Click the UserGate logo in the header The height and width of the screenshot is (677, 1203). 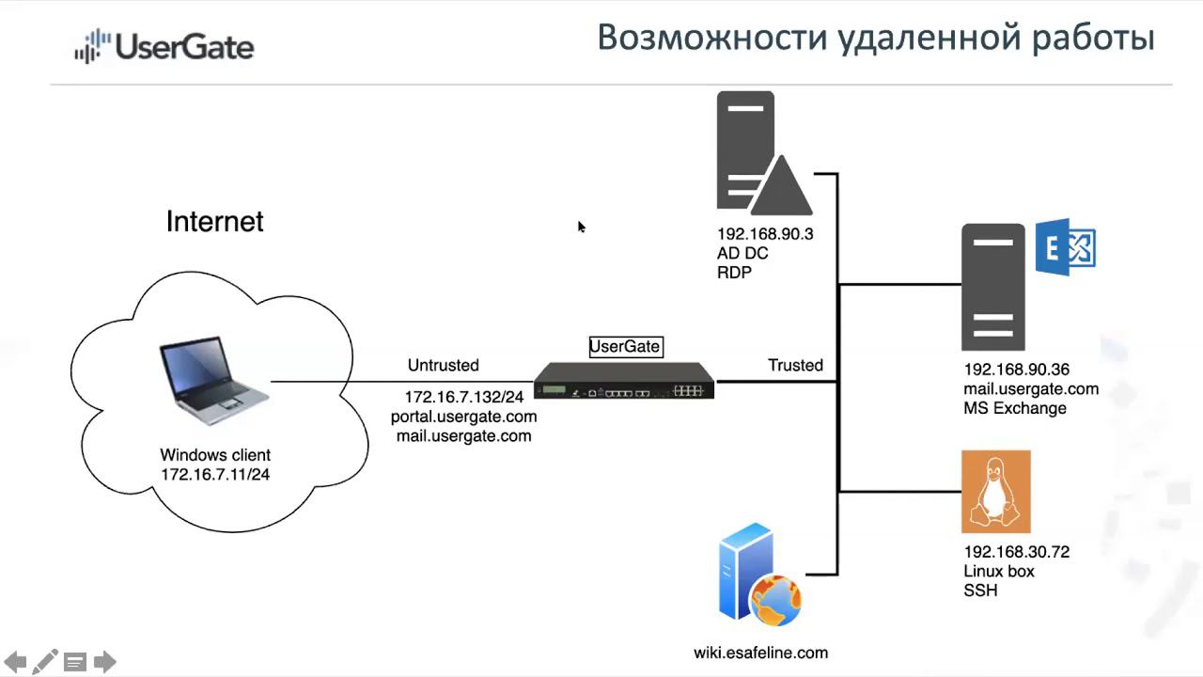click(164, 46)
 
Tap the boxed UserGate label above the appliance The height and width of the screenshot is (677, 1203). click(625, 347)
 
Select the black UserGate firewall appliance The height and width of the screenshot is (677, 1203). click(624, 381)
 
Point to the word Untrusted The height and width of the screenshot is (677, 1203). click(443, 366)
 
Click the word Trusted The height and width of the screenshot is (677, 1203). click(795, 366)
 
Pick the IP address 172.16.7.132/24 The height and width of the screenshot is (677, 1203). click(464, 397)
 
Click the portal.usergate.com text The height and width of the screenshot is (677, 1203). click(464, 417)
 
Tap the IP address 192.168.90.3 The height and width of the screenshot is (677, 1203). click(765, 234)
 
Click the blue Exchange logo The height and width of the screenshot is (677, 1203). click(1066, 248)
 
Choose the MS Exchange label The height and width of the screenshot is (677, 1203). click(1002, 408)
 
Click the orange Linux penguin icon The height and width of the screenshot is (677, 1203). click(996, 492)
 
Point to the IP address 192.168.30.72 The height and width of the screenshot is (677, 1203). click(1016, 552)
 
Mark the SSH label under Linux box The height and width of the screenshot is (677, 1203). click(980, 590)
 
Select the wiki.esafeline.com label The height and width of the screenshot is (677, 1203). click(761, 653)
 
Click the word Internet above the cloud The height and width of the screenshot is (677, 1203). click(215, 222)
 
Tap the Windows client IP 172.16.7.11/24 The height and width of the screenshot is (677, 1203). click(215, 475)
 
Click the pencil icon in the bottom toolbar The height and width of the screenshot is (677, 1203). click(45, 662)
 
